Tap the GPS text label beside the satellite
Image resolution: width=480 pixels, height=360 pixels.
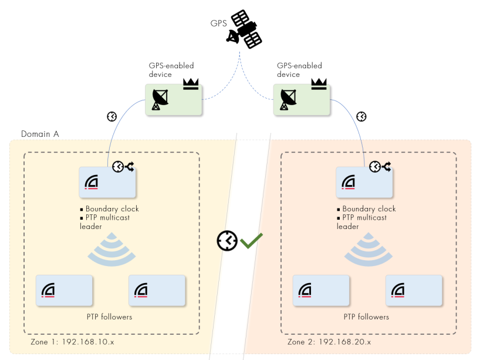click(x=218, y=23)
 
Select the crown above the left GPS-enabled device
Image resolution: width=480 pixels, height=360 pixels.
click(x=191, y=84)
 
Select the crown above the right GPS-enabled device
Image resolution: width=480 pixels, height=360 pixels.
click(x=319, y=84)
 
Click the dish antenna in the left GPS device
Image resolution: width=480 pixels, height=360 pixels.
click(x=160, y=99)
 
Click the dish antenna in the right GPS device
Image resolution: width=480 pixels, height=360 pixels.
click(x=288, y=99)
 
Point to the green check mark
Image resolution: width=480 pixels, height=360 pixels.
click(x=251, y=240)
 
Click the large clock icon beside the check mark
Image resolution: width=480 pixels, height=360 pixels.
click(x=227, y=241)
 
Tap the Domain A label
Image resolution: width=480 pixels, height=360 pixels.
click(x=40, y=134)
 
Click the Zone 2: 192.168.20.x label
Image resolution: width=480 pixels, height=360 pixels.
click(x=329, y=342)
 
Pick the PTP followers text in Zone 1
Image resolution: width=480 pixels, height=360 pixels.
click(x=109, y=317)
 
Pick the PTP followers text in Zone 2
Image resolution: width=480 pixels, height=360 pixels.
click(x=366, y=317)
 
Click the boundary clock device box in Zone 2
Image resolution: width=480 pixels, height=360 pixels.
click(x=364, y=183)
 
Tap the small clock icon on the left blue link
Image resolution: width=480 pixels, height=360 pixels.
click(x=112, y=116)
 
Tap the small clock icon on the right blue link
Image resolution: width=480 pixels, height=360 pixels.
click(x=361, y=116)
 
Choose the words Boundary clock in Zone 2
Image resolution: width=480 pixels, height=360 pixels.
click(x=369, y=209)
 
